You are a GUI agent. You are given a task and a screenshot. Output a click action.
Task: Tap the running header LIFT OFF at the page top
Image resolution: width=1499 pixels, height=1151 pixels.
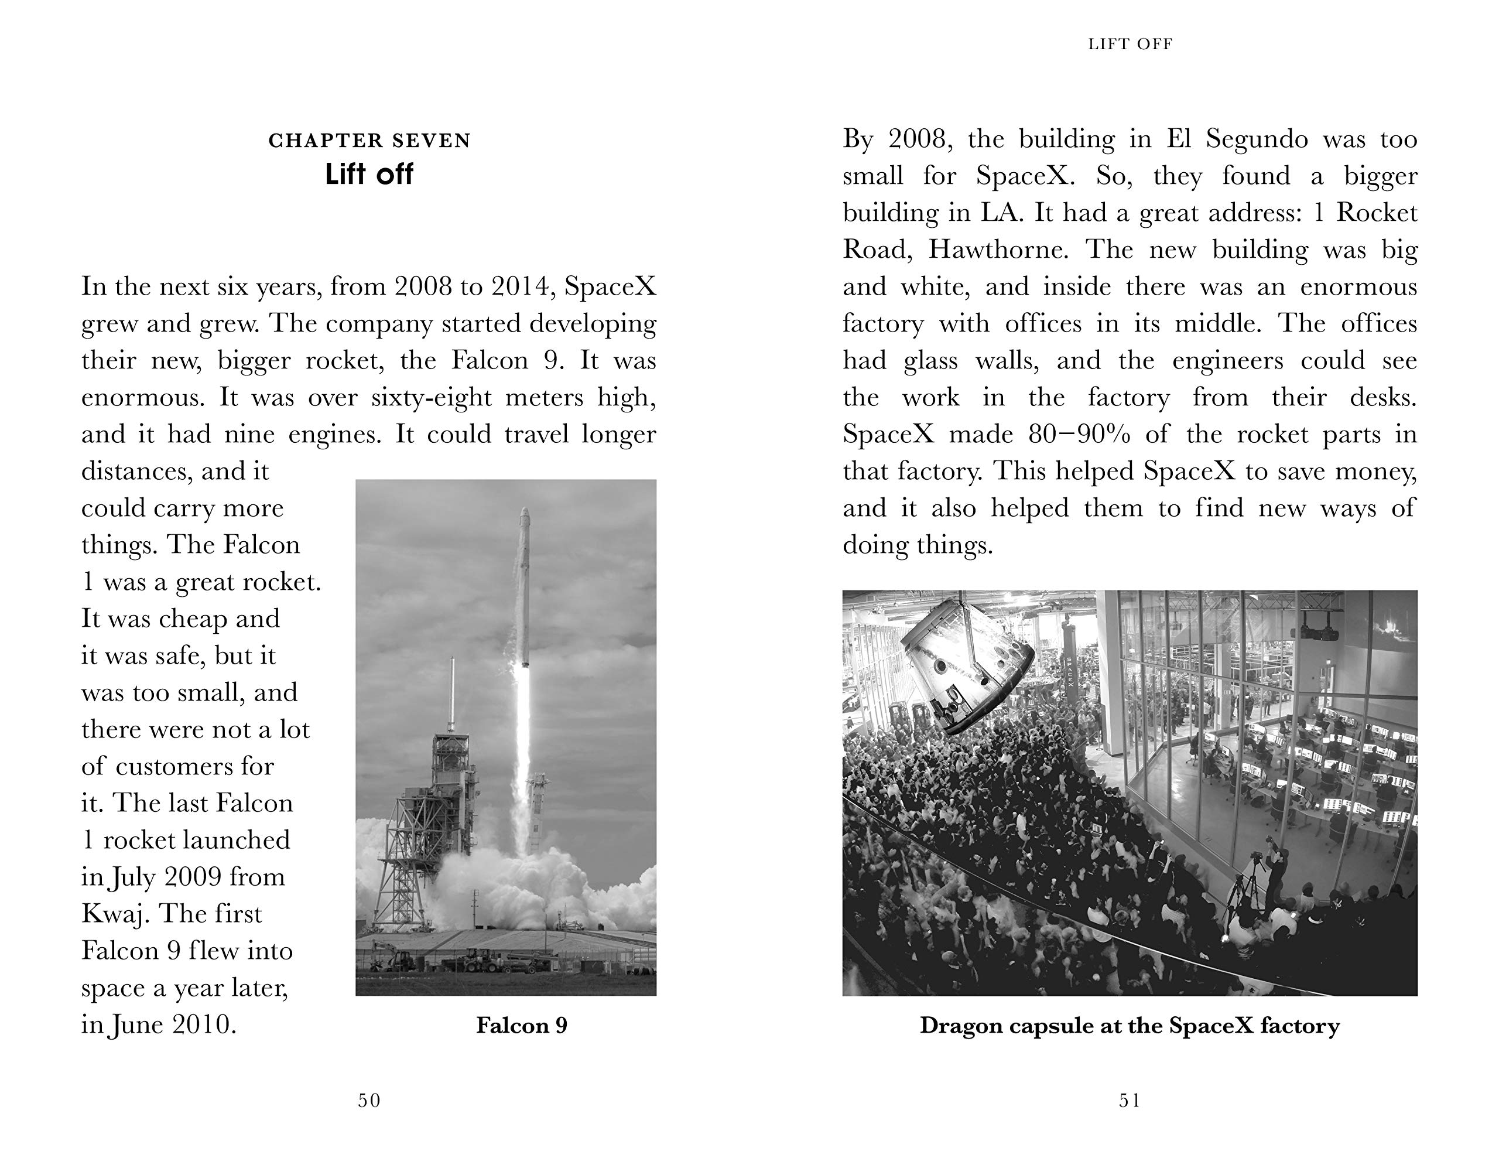1130,45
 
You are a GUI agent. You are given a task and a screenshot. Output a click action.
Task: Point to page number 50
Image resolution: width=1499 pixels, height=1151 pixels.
369,1100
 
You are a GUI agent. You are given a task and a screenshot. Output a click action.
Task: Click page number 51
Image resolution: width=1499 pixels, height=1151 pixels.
1130,1100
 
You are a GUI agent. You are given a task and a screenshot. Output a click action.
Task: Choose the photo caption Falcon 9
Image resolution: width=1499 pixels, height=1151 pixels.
522,1026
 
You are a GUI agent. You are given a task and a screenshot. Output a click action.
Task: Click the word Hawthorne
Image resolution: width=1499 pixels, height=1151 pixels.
997,250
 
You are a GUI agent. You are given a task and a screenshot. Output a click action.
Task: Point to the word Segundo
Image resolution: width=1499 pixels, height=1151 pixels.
1256,139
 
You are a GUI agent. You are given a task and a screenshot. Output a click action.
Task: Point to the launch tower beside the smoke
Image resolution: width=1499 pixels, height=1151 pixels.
438,808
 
